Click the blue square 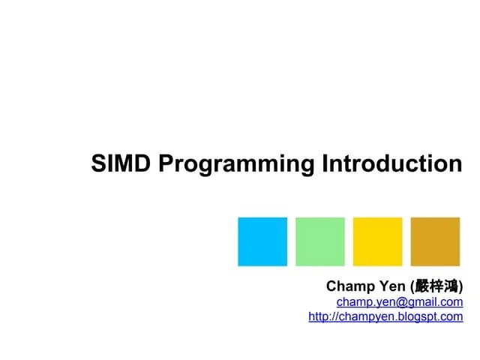pos(262,241)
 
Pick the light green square pos(320,241)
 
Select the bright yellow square pos(377,241)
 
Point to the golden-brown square pos(435,241)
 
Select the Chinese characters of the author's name pos(436,286)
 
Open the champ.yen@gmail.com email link pos(399,302)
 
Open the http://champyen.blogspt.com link pos(385,317)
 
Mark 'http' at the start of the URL pos(319,317)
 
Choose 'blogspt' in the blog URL pos(414,317)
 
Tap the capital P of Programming pos(166,163)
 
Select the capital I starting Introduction pos(325,163)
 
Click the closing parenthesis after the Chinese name pos(460,286)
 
